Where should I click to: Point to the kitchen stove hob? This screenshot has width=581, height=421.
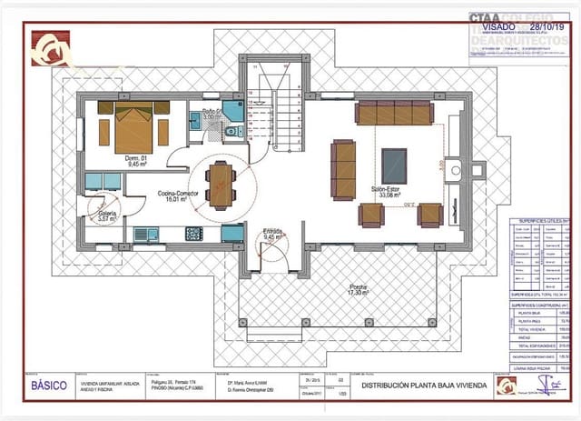(x=193, y=234)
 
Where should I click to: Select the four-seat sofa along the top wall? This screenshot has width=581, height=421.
(x=394, y=114)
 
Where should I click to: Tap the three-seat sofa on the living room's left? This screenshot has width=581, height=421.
(x=344, y=169)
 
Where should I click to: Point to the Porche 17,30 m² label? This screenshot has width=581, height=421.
(x=360, y=291)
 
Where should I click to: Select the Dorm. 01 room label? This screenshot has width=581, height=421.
(x=112, y=162)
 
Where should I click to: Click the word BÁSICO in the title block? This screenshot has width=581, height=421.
(x=49, y=386)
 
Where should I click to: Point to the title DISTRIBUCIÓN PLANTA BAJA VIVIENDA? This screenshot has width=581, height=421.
(x=424, y=386)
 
